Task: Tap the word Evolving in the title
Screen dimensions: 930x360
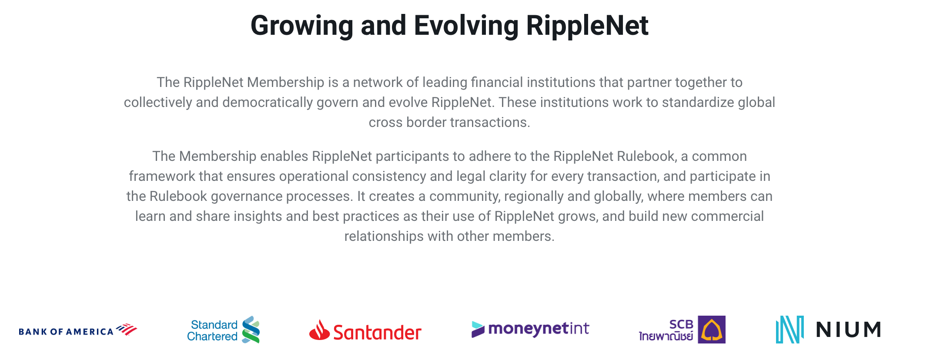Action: [466, 25]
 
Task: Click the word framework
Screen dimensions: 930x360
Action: [162, 176]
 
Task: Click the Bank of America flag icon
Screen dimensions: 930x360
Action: [127, 329]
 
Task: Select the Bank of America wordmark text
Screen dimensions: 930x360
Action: [66, 332]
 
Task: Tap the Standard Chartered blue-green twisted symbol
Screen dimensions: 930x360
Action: [251, 330]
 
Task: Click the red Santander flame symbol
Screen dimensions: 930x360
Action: [319, 330]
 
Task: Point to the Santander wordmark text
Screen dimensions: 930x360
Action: [378, 333]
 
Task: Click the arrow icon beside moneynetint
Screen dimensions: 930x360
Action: [478, 329]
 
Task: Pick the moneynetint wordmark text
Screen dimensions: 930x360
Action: [539, 329]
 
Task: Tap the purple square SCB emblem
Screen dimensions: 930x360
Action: [712, 330]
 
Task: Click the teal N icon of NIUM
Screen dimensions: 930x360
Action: [790, 330]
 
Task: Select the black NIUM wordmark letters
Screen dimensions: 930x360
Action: [848, 330]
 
